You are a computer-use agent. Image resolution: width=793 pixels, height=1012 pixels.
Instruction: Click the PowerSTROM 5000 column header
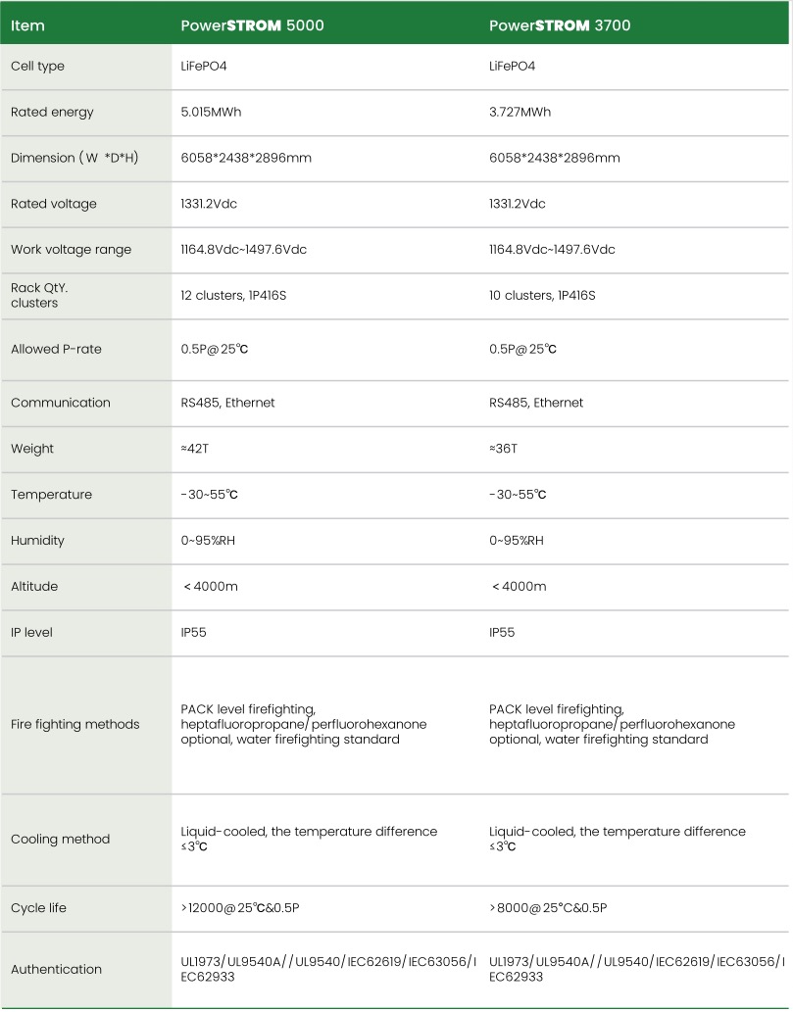coord(252,25)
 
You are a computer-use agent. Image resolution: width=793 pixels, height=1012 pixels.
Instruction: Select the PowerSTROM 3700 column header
coord(560,25)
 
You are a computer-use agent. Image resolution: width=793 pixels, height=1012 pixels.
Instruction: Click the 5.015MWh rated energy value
coord(211,112)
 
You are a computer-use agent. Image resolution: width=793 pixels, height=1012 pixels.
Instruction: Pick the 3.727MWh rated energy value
coord(520,112)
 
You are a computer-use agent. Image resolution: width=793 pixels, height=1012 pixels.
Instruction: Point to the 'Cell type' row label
coord(37,66)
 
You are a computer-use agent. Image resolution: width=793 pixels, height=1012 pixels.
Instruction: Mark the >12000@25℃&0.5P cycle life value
coord(240,908)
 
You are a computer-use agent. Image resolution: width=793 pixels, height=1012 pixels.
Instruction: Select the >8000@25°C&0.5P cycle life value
coord(548,908)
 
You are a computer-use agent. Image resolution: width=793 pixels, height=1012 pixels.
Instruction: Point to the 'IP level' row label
coord(32,633)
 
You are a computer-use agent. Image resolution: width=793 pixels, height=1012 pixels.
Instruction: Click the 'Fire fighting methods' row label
coord(75,725)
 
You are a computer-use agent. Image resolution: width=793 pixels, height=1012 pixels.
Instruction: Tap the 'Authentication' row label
coord(56,969)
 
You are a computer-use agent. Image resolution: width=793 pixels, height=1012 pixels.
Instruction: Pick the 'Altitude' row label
coord(34,587)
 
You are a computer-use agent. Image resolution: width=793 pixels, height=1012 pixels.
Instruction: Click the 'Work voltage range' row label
coord(71,250)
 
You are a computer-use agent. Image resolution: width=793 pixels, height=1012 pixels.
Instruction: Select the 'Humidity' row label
coord(38,541)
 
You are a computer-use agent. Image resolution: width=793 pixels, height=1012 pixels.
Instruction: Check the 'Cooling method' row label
coord(61,840)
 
